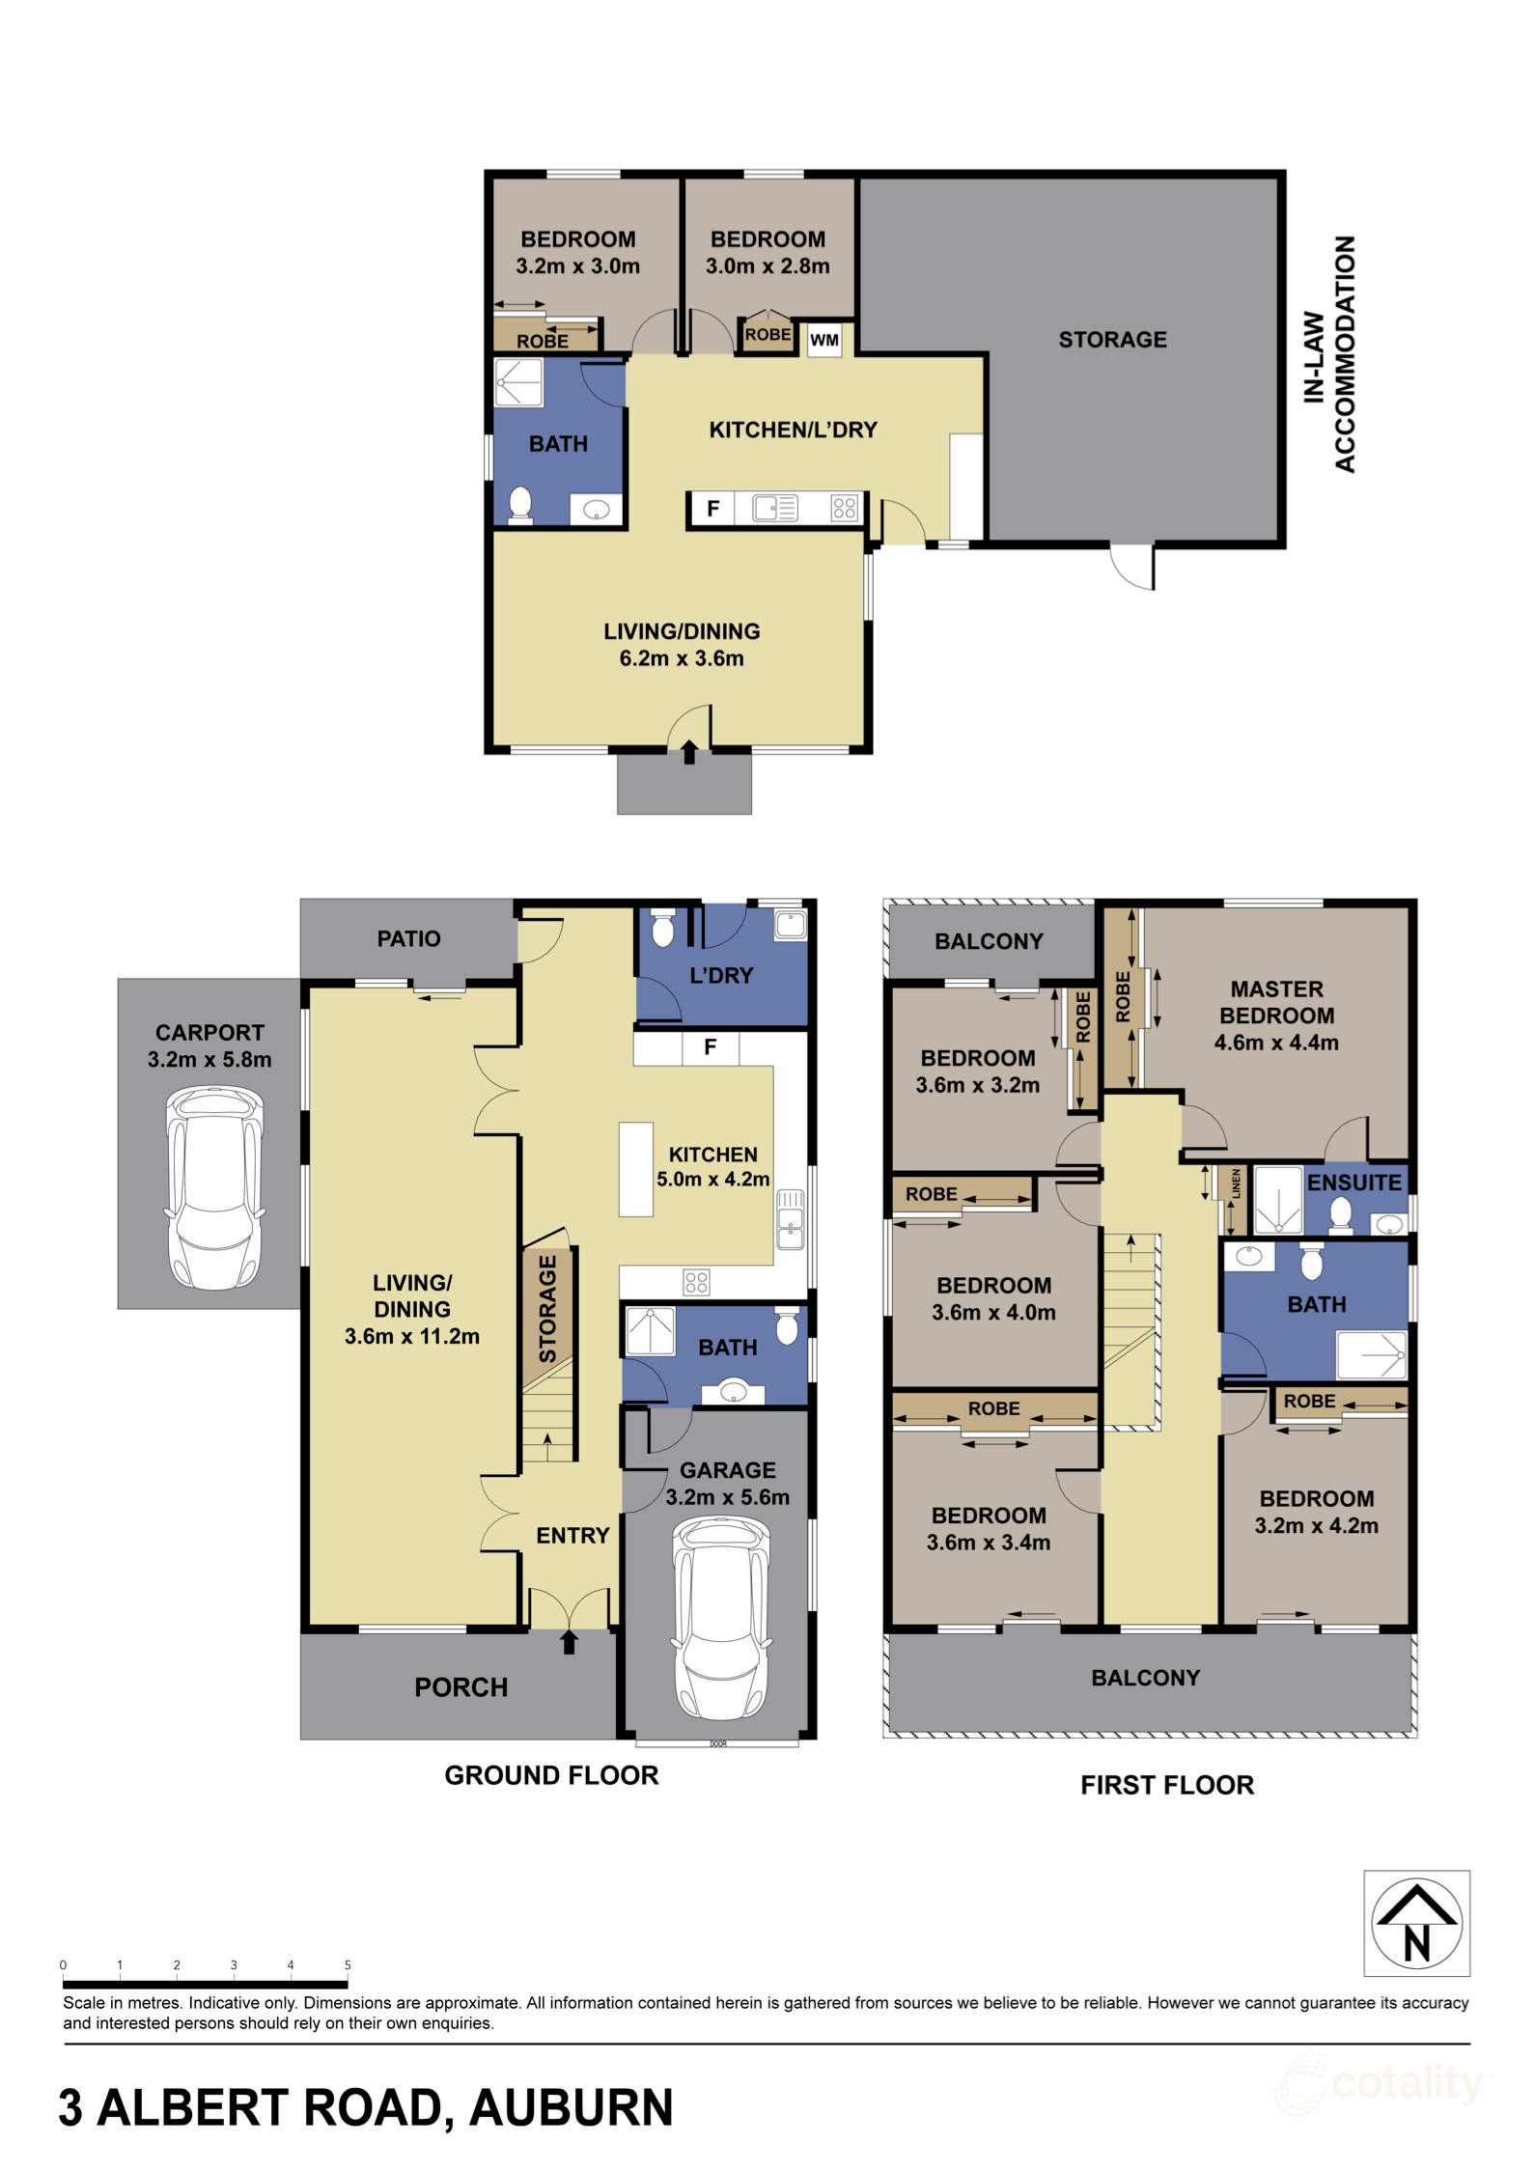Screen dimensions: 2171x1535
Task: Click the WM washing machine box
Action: coord(823,340)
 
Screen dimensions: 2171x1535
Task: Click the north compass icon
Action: coord(1415,1923)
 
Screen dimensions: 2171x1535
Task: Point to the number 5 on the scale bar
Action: coord(348,1964)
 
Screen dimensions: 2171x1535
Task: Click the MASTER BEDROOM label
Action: coord(1276,1002)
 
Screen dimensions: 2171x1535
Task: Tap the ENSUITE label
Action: coord(1354,1183)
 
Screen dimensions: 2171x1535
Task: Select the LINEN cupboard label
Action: coord(1235,1183)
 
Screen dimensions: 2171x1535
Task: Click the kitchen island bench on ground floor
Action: coord(635,1168)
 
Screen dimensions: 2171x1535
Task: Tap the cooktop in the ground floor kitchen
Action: coord(696,1282)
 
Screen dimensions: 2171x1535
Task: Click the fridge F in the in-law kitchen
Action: coord(712,509)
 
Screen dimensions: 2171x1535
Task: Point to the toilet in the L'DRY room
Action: coord(662,929)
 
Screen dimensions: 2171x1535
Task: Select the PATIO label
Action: coord(408,938)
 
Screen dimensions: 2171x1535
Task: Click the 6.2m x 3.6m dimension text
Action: coord(682,658)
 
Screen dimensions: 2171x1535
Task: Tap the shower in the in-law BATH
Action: coord(519,382)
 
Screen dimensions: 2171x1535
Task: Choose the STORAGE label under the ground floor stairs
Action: coord(547,1308)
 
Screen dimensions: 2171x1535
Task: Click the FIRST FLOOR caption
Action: coord(1166,1785)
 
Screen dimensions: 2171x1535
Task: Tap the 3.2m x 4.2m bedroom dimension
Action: coord(1316,1525)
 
